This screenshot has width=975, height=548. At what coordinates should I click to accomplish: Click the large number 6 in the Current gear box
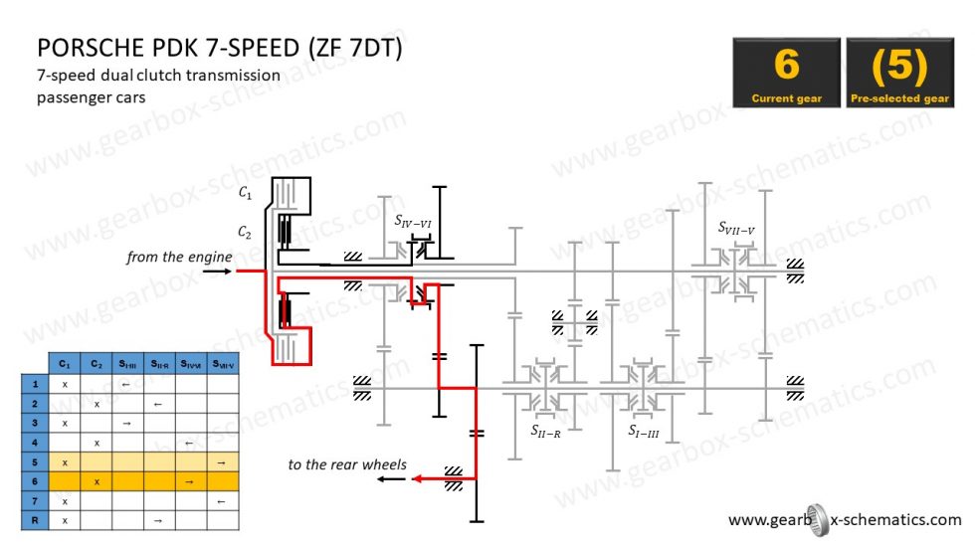pyautogui.click(x=786, y=65)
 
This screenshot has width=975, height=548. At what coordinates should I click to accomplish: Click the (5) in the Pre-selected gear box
pyautogui.click(x=899, y=65)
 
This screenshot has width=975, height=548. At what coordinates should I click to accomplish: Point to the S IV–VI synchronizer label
pyautogui.click(x=412, y=221)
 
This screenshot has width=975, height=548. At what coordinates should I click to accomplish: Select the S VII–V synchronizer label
pyautogui.click(x=736, y=228)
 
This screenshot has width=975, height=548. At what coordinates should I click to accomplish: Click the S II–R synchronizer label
pyautogui.click(x=545, y=431)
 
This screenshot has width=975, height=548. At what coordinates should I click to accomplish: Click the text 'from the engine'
pyautogui.click(x=179, y=257)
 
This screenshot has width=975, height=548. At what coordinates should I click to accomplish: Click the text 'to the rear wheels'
pyautogui.click(x=347, y=464)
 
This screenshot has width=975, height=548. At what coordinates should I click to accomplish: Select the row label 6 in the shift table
pyautogui.click(x=35, y=481)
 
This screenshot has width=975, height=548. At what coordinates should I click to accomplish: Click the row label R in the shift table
pyautogui.click(x=35, y=519)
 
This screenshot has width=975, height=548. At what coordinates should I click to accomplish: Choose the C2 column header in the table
pyautogui.click(x=97, y=364)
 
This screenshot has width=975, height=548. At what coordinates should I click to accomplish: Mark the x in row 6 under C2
pyautogui.click(x=97, y=481)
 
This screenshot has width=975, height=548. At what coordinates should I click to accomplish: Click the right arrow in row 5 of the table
pyautogui.click(x=220, y=462)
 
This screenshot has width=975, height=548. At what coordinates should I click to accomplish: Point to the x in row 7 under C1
pyautogui.click(x=65, y=500)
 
